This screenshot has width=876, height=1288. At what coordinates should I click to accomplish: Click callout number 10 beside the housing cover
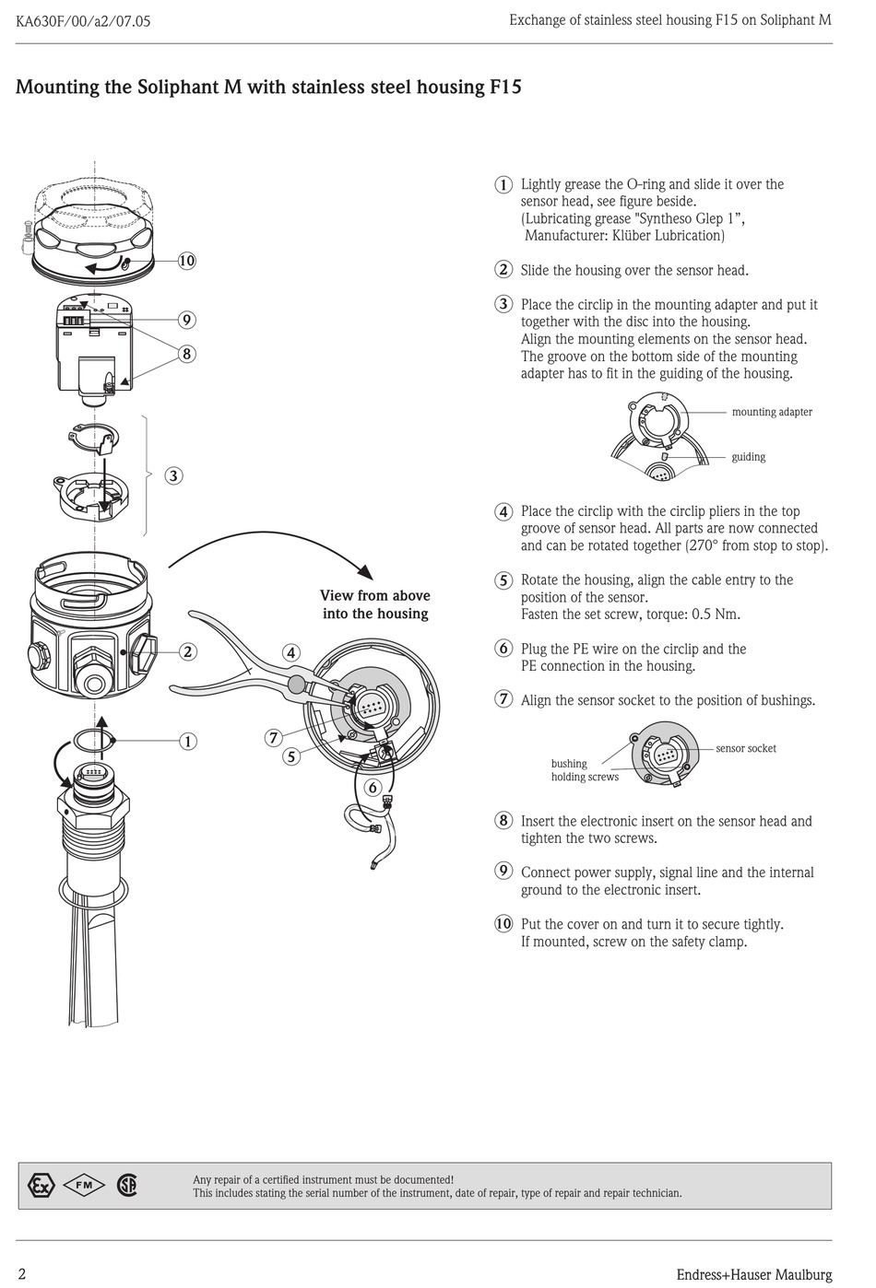tap(187, 261)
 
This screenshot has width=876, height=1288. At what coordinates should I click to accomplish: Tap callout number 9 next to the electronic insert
tap(187, 320)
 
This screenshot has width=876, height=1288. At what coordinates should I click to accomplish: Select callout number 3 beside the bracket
tap(174, 476)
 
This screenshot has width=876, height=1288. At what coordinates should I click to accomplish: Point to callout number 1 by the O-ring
tap(187, 742)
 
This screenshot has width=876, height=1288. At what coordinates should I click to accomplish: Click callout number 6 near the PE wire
tap(373, 788)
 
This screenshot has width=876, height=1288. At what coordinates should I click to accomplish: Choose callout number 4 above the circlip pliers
tap(291, 653)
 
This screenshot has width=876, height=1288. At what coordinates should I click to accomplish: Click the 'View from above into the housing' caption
tap(375, 604)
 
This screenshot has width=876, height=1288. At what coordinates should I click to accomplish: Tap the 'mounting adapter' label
tap(772, 412)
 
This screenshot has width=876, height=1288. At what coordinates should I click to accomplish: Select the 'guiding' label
tap(748, 457)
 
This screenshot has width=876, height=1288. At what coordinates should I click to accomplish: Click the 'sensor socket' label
tap(746, 748)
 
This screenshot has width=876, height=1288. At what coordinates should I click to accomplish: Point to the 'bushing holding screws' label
tap(585, 770)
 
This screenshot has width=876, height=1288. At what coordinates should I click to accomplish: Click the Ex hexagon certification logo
tap(41, 1186)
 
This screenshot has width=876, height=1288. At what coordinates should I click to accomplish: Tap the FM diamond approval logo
tap(84, 1186)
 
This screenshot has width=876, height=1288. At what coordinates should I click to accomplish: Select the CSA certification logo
tap(127, 1186)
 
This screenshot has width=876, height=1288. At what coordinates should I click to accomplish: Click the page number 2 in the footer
tap(22, 1274)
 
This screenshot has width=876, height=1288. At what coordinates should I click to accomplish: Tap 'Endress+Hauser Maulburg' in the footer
tap(753, 1275)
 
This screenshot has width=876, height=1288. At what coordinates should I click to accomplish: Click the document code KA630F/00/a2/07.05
tap(83, 21)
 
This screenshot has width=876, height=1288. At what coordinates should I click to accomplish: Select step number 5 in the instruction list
tap(503, 580)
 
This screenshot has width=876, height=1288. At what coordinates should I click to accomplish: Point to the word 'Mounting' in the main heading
tap(57, 88)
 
